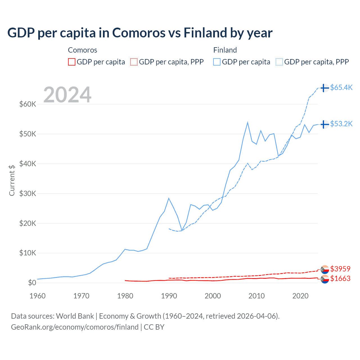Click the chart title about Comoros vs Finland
tap(140, 33)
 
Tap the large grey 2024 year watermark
tap(67, 95)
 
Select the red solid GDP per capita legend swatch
tap(72, 62)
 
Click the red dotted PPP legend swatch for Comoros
tap(134, 62)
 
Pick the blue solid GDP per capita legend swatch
tap(217, 62)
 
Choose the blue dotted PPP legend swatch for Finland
tap(279, 62)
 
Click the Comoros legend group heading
tap(82, 50)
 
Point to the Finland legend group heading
tap(225, 50)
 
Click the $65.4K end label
tap(341, 87)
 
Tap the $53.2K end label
tap(341, 124)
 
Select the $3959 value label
tap(340, 269)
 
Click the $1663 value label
tap(340, 278)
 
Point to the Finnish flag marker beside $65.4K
tap(325, 88)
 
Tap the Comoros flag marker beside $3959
tap(325, 269)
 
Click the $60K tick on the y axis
tap(28, 104)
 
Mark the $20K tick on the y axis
tap(28, 223)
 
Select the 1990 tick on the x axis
tap(169, 296)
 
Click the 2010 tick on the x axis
tap(256, 296)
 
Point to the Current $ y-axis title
tap(12, 180)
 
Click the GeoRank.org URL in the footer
tap(75, 327)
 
